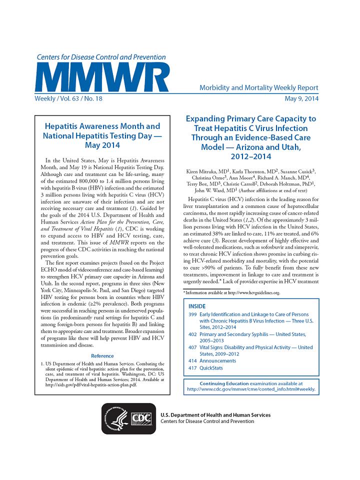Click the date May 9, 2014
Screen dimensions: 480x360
tap(301, 98)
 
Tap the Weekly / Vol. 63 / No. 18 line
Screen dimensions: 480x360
tap(68, 98)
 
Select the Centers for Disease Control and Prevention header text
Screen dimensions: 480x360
tap(101, 57)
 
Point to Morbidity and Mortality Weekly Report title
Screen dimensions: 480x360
tap(259, 88)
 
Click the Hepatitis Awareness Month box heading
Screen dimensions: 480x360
tap(102, 135)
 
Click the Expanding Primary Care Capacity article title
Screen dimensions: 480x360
tap(250, 138)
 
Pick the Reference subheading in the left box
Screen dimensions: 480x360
tap(102, 356)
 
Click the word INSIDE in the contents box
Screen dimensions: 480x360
tap(197, 305)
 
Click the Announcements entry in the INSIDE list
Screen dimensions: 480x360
tap(217, 360)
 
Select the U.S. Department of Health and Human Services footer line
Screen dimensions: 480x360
tap(215, 415)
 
